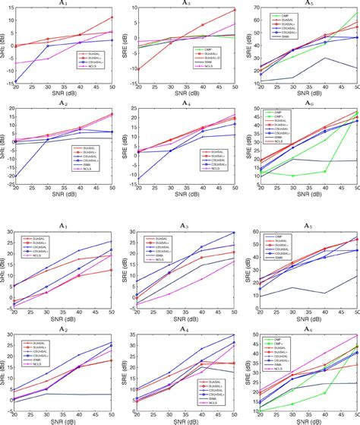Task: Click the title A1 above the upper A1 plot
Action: click(64, 4)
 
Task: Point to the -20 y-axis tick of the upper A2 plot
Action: click(9, 176)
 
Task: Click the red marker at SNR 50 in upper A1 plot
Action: click(112, 17)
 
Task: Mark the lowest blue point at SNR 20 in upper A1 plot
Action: click(16, 81)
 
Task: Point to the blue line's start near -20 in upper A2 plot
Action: click(16, 176)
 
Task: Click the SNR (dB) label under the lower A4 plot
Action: click(185, 420)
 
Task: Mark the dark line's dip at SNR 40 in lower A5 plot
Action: click(325, 293)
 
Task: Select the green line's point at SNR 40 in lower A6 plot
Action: click(325, 393)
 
